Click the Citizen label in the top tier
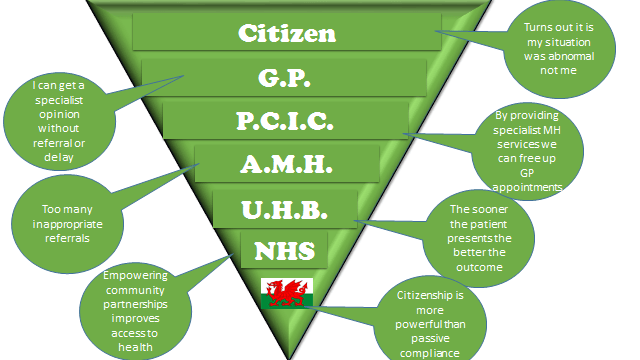[287, 33]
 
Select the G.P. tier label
[284, 78]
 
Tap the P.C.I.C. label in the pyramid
[285, 121]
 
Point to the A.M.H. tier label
[286, 164]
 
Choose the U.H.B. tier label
[284, 210]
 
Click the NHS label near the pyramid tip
[284, 251]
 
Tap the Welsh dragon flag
[287, 293]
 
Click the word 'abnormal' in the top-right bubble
[559, 56]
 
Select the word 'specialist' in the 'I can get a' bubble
[59, 101]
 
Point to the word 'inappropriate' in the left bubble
[67, 224]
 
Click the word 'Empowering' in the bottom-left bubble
[135, 276]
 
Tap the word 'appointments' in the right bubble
[527, 188]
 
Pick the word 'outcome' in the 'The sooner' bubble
[479, 268]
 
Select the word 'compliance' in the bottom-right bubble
[429, 353]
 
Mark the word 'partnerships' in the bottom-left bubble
[135, 305]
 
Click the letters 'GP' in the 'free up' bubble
[527, 173]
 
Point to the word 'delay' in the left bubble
[59, 158]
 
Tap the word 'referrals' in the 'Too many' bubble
[67, 238]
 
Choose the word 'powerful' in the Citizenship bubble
[419, 325]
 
